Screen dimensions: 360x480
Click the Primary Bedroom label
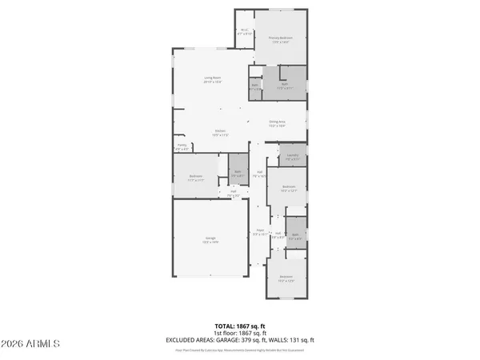[x=280, y=39]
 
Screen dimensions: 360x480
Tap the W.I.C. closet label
[x=244, y=33]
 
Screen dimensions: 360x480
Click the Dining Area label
[x=277, y=124]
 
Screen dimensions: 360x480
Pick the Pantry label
[x=182, y=147]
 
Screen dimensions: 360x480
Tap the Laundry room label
[x=292, y=157]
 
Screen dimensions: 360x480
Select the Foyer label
[x=260, y=233]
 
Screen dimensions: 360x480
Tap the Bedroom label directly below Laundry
[x=289, y=190]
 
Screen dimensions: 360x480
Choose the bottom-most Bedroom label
[x=286, y=279]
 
